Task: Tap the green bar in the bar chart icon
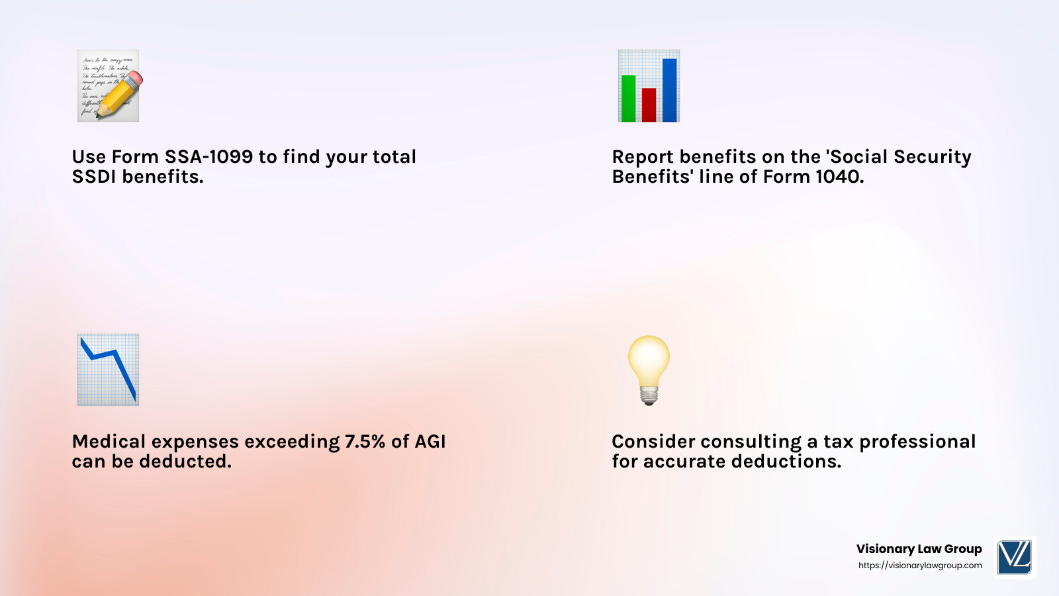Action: pyautogui.click(x=628, y=99)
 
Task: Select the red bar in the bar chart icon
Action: pyautogui.click(x=649, y=105)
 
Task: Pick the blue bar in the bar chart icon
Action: pyautogui.click(x=669, y=90)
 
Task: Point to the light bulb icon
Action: pyautogui.click(x=649, y=368)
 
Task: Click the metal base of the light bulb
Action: pyautogui.click(x=649, y=396)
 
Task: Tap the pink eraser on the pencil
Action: pyautogui.click(x=134, y=79)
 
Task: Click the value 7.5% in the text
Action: pyautogui.click(x=365, y=442)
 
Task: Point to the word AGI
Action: pyautogui.click(x=430, y=442)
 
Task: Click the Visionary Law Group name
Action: pyautogui.click(x=919, y=549)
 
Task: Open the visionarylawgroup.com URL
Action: pyautogui.click(x=920, y=566)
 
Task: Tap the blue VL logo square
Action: pyautogui.click(x=1015, y=557)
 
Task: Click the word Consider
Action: pyautogui.click(x=654, y=442)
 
